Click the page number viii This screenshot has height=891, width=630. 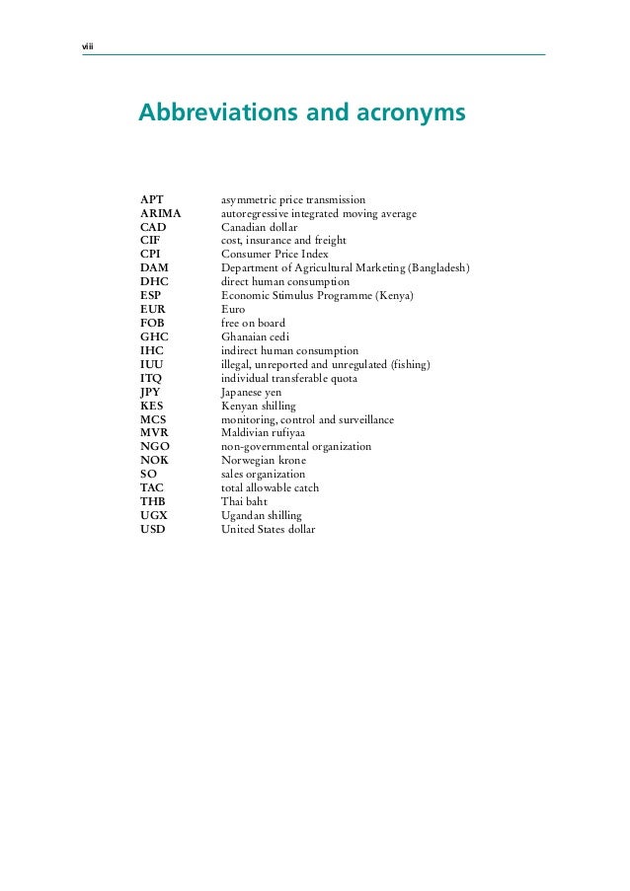[x=85, y=46]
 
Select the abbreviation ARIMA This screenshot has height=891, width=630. [x=161, y=213]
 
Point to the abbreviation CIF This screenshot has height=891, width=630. [x=150, y=241]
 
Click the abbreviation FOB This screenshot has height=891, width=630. [x=152, y=323]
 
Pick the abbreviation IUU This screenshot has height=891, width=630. [x=151, y=364]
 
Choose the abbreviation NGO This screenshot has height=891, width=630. [x=154, y=446]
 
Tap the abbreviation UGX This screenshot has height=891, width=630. [x=153, y=515]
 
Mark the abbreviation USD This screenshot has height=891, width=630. [x=153, y=529]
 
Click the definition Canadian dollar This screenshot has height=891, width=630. [x=259, y=227]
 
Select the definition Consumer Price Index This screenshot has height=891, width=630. [x=274, y=255]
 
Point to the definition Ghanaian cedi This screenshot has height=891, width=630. [x=255, y=336]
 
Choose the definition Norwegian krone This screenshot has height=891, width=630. [x=263, y=460]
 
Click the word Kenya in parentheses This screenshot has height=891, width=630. [x=394, y=296]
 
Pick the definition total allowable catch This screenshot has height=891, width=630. [x=270, y=487]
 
